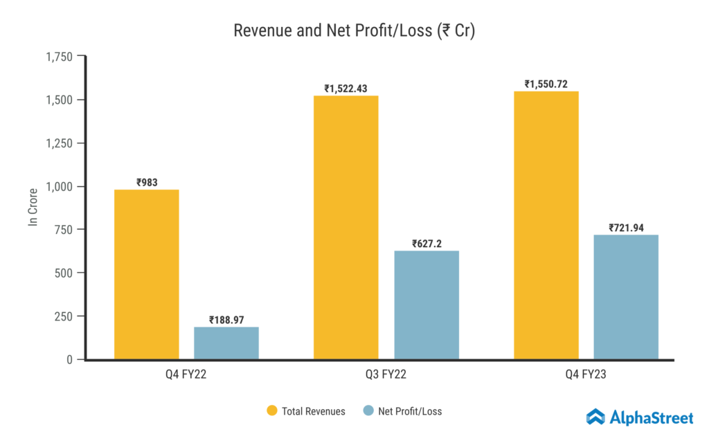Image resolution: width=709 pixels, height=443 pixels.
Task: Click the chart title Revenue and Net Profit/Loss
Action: coord(354,31)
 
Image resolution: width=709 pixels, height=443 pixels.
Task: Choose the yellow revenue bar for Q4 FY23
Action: coord(546,225)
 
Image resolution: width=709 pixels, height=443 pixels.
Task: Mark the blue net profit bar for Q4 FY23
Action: coord(626,297)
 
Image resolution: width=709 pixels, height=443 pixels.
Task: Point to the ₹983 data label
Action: coord(147,183)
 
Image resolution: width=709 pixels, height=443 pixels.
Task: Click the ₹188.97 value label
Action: coord(227,320)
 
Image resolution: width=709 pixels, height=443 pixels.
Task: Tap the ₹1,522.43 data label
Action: coord(346,89)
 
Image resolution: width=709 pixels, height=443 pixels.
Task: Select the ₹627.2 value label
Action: coord(427,244)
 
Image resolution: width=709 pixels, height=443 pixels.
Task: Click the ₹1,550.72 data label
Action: coord(546,84)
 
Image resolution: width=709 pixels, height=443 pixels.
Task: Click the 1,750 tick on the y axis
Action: coord(59,57)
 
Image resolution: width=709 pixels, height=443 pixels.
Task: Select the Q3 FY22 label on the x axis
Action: coord(386,376)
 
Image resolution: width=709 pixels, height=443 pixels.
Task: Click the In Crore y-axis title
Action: coord(33,207)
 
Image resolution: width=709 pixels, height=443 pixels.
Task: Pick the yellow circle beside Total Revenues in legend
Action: coord(272,411)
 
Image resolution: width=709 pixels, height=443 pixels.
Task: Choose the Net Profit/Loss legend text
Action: coord(410,411)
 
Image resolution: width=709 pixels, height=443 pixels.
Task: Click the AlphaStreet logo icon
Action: coord(595,416)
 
